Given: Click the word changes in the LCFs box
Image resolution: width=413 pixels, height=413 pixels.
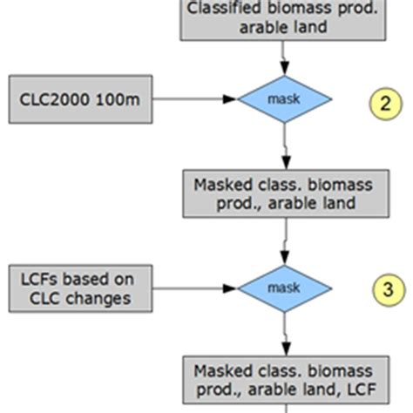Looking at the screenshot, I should coord(104,298).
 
